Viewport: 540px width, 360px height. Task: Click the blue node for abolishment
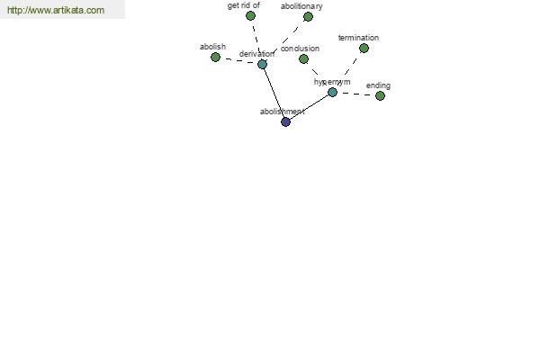pos(285,121)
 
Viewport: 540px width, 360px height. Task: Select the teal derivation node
pos(262,64)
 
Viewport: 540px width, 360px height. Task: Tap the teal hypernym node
pos(332,92)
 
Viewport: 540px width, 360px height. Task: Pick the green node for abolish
pos(215,57)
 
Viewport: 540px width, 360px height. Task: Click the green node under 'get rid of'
pos(250,15)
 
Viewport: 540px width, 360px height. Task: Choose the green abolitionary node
pos(308,16)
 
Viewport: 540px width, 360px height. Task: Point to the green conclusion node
pos(303,58)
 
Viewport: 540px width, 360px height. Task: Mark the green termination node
pos(364,49)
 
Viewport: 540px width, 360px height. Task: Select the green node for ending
pos(380,95)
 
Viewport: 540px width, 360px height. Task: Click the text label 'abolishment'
pos(283,112)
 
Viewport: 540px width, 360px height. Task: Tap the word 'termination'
pos(358,38)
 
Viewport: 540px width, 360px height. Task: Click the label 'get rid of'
pos(244,5)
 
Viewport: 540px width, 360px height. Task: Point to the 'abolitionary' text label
pos(301,6)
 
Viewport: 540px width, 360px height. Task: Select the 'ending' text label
pos(378,85)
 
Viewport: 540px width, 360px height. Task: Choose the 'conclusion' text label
pos(300,49)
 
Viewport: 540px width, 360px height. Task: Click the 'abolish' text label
pos(212,47)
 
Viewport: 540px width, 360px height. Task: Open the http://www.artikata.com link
pos(56,10)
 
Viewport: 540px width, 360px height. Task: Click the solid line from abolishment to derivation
pos(274,93)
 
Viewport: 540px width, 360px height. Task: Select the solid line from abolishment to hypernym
pos(309,107)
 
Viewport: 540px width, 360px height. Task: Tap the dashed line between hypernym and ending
pos(356,94)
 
